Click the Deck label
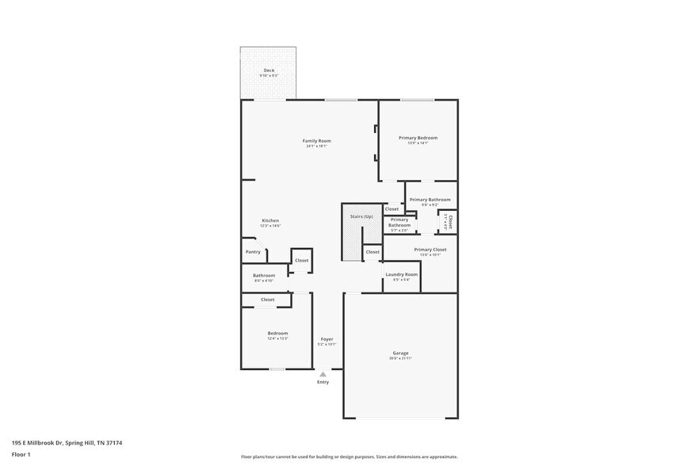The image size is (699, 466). point(269,71)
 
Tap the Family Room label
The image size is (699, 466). point(316,141)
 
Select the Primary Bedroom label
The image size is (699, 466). point(418,138)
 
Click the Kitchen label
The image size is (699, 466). point(270,220)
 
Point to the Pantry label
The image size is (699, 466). point(253,252)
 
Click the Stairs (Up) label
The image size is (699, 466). point(361,216)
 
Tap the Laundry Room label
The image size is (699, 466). point(401,274)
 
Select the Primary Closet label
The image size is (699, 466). point(430,250)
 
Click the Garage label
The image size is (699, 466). point(400,353)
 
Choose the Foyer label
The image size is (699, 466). point(327,339)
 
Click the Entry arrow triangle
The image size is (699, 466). point(323,374)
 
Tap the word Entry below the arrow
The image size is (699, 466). point(323,382)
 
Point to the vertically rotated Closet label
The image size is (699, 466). point(450,221)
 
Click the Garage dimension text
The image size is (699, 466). point(400,358)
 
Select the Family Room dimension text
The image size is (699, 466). point(316,147)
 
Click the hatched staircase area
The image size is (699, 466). point(352,242)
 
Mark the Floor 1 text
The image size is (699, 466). point(21,454)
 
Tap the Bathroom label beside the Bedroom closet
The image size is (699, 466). point(264,276)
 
